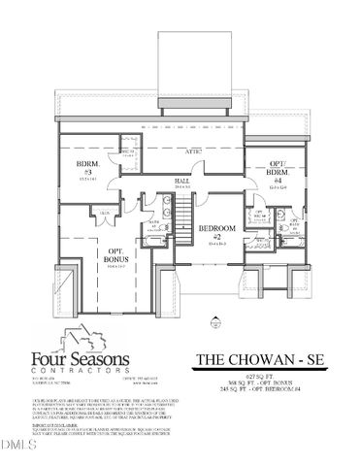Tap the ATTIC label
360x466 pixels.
(193, 153)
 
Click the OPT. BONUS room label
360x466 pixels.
(115, 257)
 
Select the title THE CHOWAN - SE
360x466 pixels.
(262, 359)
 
